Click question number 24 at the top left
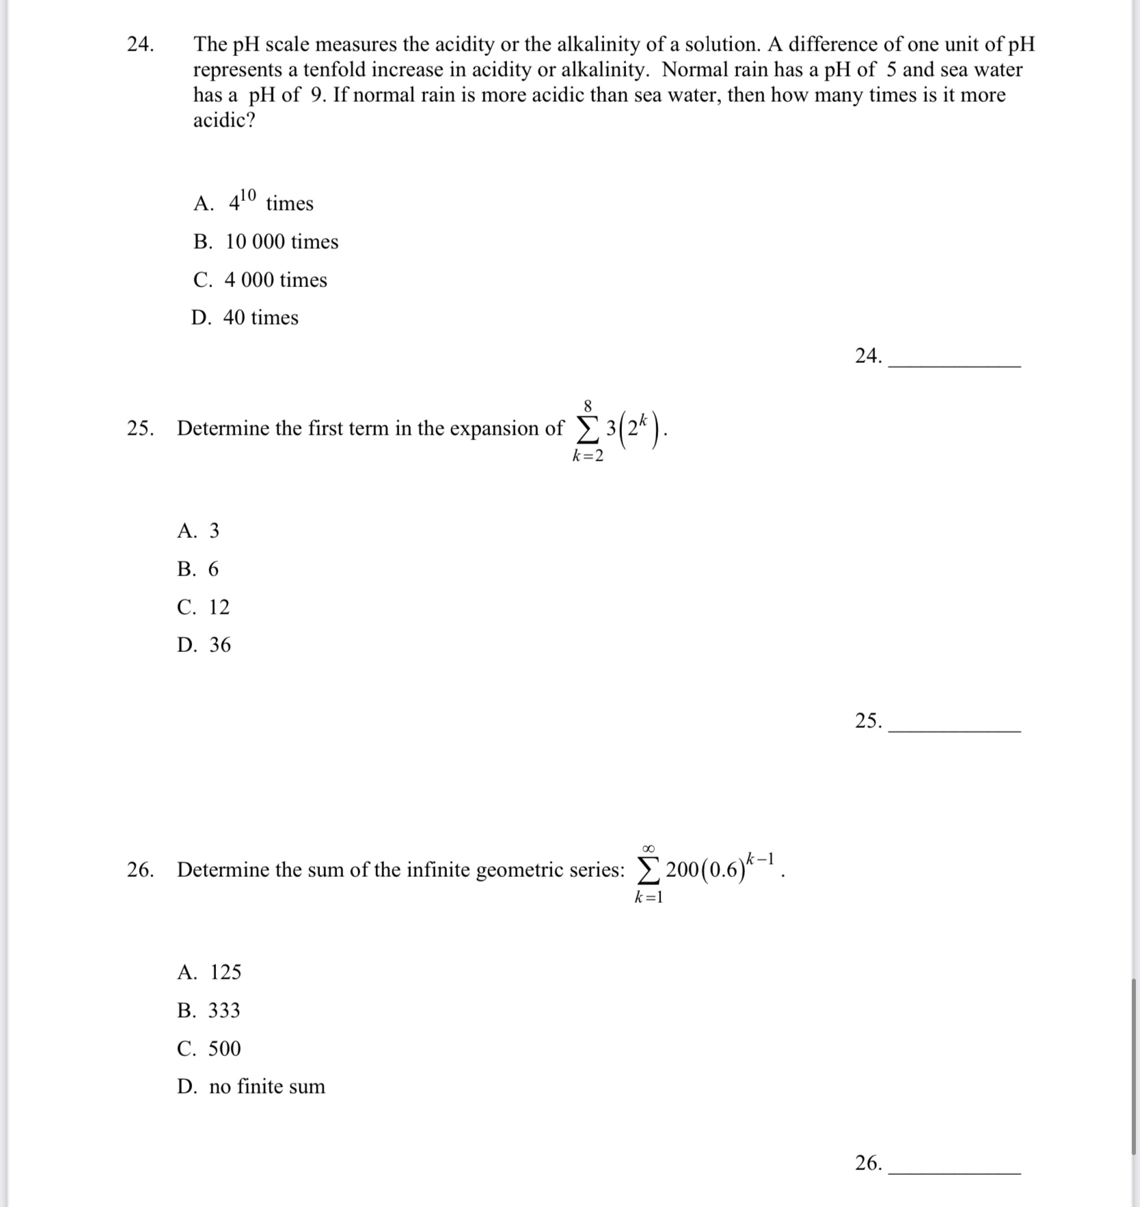[140, 44]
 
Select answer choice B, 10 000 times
[266, 241]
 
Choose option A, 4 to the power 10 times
[253, 202]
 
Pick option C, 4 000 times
[260, 280]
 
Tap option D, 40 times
[245, 317]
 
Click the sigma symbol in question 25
[585, 429]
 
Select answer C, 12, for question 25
[203, 607]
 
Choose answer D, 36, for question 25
[204, 645]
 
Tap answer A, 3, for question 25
[198, 530]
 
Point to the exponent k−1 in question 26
[760, 858]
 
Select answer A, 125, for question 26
[209, 972]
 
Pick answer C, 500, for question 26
[209, 1048]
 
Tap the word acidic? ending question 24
[223, 120]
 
